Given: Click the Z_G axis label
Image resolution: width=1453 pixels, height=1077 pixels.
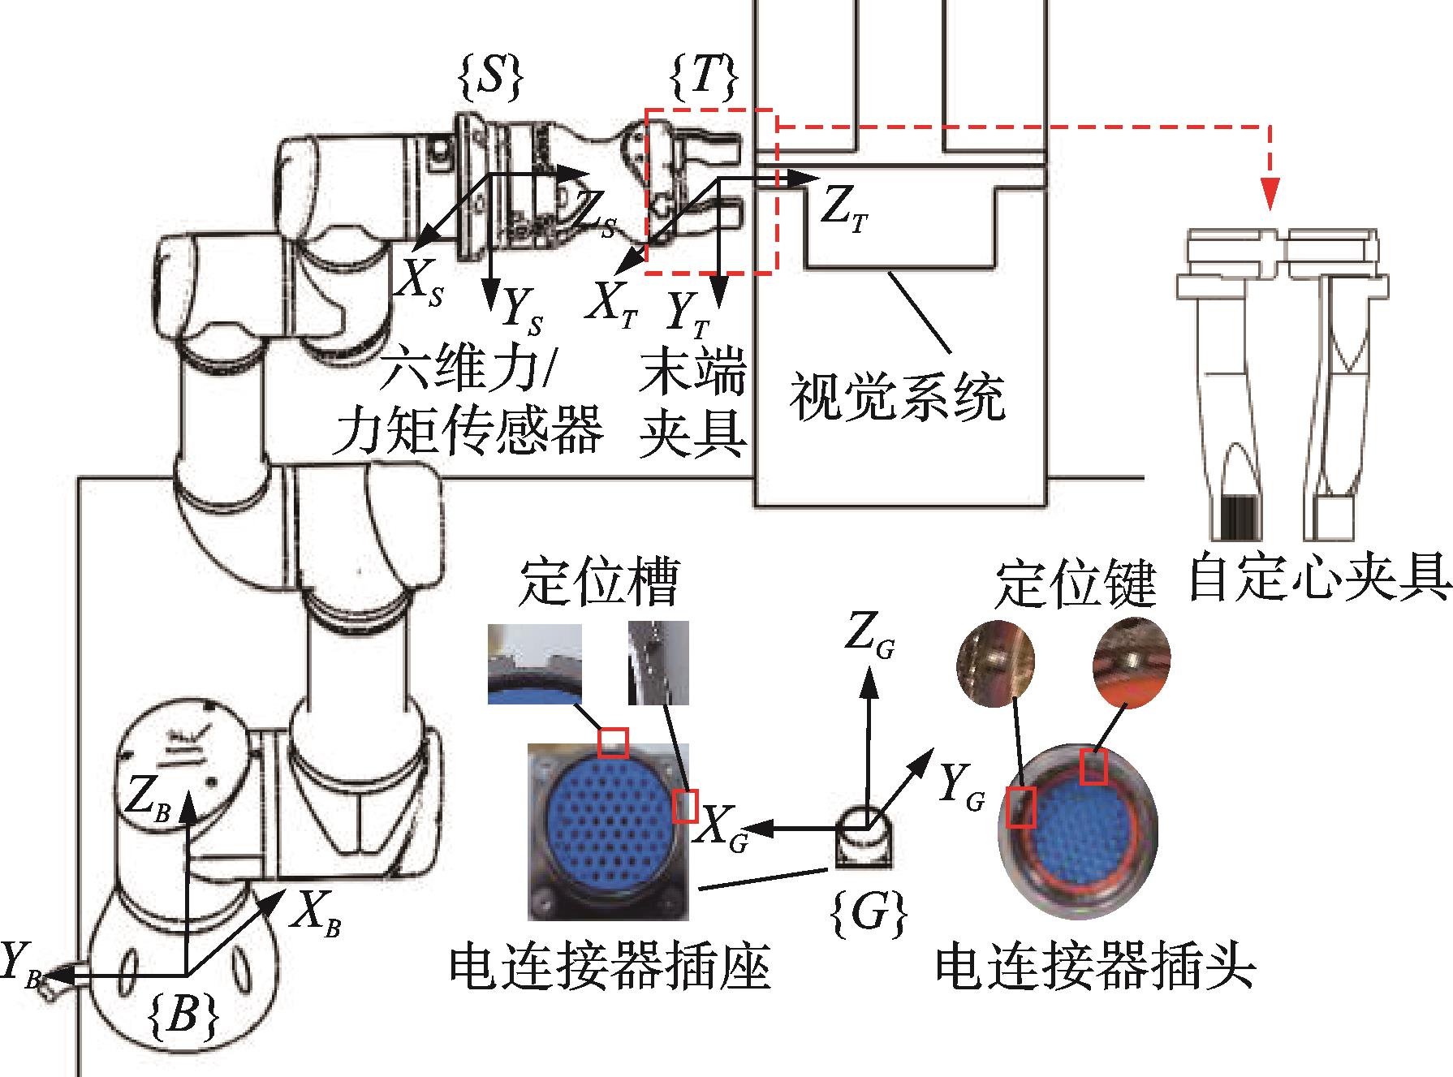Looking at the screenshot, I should tap(869, 638).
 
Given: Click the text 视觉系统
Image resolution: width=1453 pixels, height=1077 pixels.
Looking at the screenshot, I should tap(898, 397).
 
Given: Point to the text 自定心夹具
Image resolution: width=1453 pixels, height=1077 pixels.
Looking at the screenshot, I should tap(1318, 578).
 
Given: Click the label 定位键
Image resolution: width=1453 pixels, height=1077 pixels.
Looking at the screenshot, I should tap(1074, 583).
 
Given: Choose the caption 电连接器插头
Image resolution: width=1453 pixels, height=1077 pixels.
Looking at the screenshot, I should tap(1096, 966).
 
